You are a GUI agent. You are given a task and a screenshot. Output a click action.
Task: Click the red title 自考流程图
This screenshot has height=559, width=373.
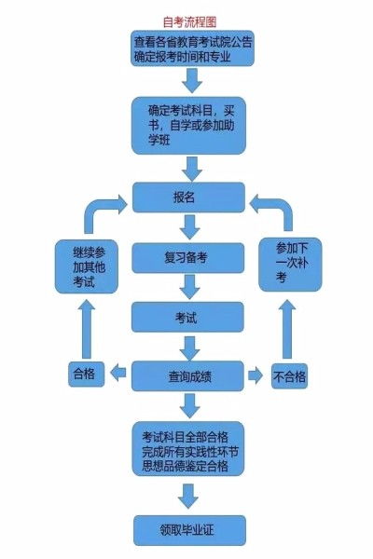tap(189, 20)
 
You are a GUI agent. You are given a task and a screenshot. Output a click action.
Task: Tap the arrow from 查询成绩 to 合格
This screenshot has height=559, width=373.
tap(118, 375)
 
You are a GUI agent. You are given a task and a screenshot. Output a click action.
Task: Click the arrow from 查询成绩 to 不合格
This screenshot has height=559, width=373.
tap(256, 376)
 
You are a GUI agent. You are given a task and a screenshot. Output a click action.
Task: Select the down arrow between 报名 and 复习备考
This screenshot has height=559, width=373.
tap(189, 226)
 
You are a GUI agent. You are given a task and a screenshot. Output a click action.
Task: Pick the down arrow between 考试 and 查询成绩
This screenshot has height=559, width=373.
tap(189, 347)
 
